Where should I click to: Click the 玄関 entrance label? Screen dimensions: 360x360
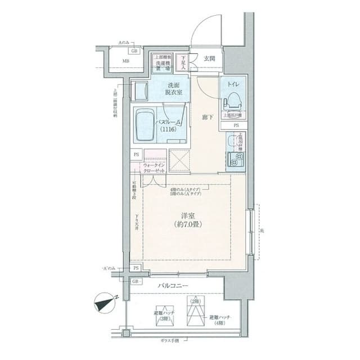point(209,58)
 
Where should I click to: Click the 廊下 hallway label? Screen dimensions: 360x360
point(208,117)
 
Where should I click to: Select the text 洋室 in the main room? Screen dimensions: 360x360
point(187,215)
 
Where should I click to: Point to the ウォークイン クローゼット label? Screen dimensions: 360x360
point(154,166)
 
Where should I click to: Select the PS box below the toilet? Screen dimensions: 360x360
point(236,125)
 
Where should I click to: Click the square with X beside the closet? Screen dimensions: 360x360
point(181,161)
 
